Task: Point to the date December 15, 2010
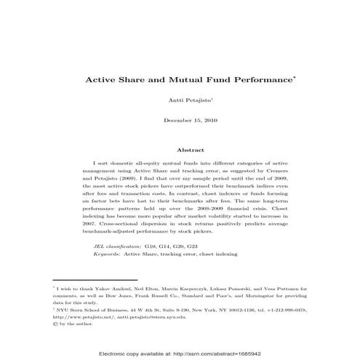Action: click(180, 119)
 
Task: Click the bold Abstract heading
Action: click(180, 150)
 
